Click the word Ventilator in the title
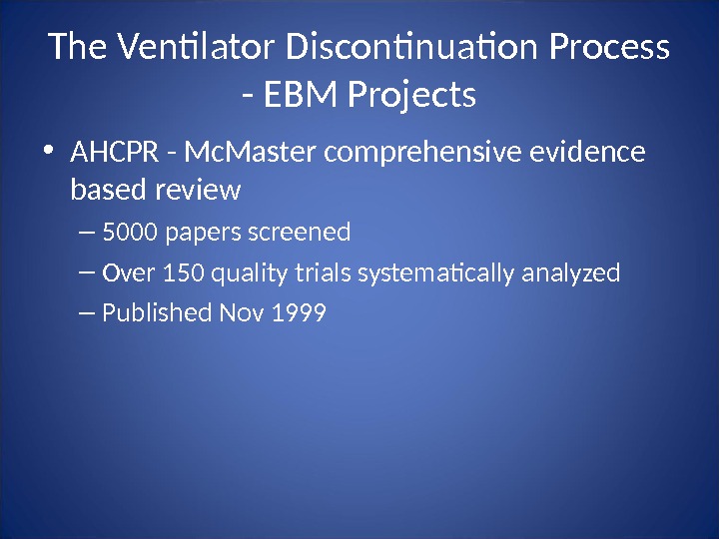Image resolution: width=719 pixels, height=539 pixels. (x=197, y=48)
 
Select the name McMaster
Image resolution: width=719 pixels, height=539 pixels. (x=252, y=154)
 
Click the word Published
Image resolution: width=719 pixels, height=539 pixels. (x=156, y=313)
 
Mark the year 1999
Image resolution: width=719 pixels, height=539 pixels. (x=300, y=313)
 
